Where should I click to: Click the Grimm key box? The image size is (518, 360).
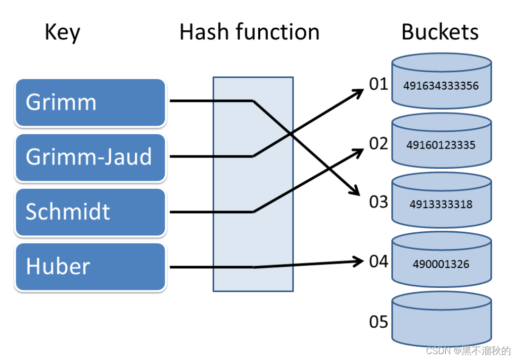pyautogui.click(x=90, y=103)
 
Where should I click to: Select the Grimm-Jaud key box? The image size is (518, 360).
pyautogui.click(x=90, y=157)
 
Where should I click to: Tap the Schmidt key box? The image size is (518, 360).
pyautogui.click(x=90, y=212)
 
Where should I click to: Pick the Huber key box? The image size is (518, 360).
pyautogui.click(x=90, y=266)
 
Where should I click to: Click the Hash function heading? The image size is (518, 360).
pyautogui.click(x=249, y=32)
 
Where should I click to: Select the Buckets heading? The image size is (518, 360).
pyautogui.click(x=440, y=32)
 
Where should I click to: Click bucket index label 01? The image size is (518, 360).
pyautogui.click(x=378, y=85)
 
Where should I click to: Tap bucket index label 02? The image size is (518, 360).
pyautogui.click(x=378, y=144)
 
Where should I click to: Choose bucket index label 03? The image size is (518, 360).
pyautogui.click(x=378, y=203)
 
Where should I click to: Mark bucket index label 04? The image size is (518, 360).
pyautogui.click(x=378, y=261)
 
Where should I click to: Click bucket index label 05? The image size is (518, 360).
pyautogui.click(x=378, y=322)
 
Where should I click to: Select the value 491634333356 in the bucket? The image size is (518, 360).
pyautogui.click(x=441, y=86)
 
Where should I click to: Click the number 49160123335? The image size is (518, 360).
pyautogui.click(x=441, y=146)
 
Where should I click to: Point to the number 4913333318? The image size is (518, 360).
pyautogui.click(x=441, y=205)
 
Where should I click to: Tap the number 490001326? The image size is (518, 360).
pyautogui.click(x=441, y=264)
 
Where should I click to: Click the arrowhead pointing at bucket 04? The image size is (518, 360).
pyautogui.click(x=360, y=261)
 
